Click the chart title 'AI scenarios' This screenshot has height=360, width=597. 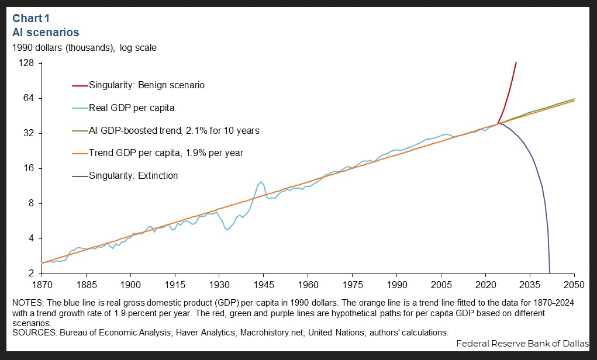tap(46, 32)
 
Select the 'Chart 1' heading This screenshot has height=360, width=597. tap(33, 18)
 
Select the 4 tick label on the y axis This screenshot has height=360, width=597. tap(32, 238)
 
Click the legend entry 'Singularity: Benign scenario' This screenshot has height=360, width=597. tap(146, 85)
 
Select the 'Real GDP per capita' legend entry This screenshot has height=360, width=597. tap(132, 108)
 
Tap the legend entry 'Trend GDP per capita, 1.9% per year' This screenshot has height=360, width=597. tap(165, 153)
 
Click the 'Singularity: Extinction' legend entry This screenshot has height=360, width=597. tap(133, 176)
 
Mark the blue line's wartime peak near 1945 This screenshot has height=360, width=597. tap(261, 182)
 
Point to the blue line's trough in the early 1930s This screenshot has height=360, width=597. tap(228, 230)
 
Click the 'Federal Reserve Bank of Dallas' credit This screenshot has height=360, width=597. tap(522, 344)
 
